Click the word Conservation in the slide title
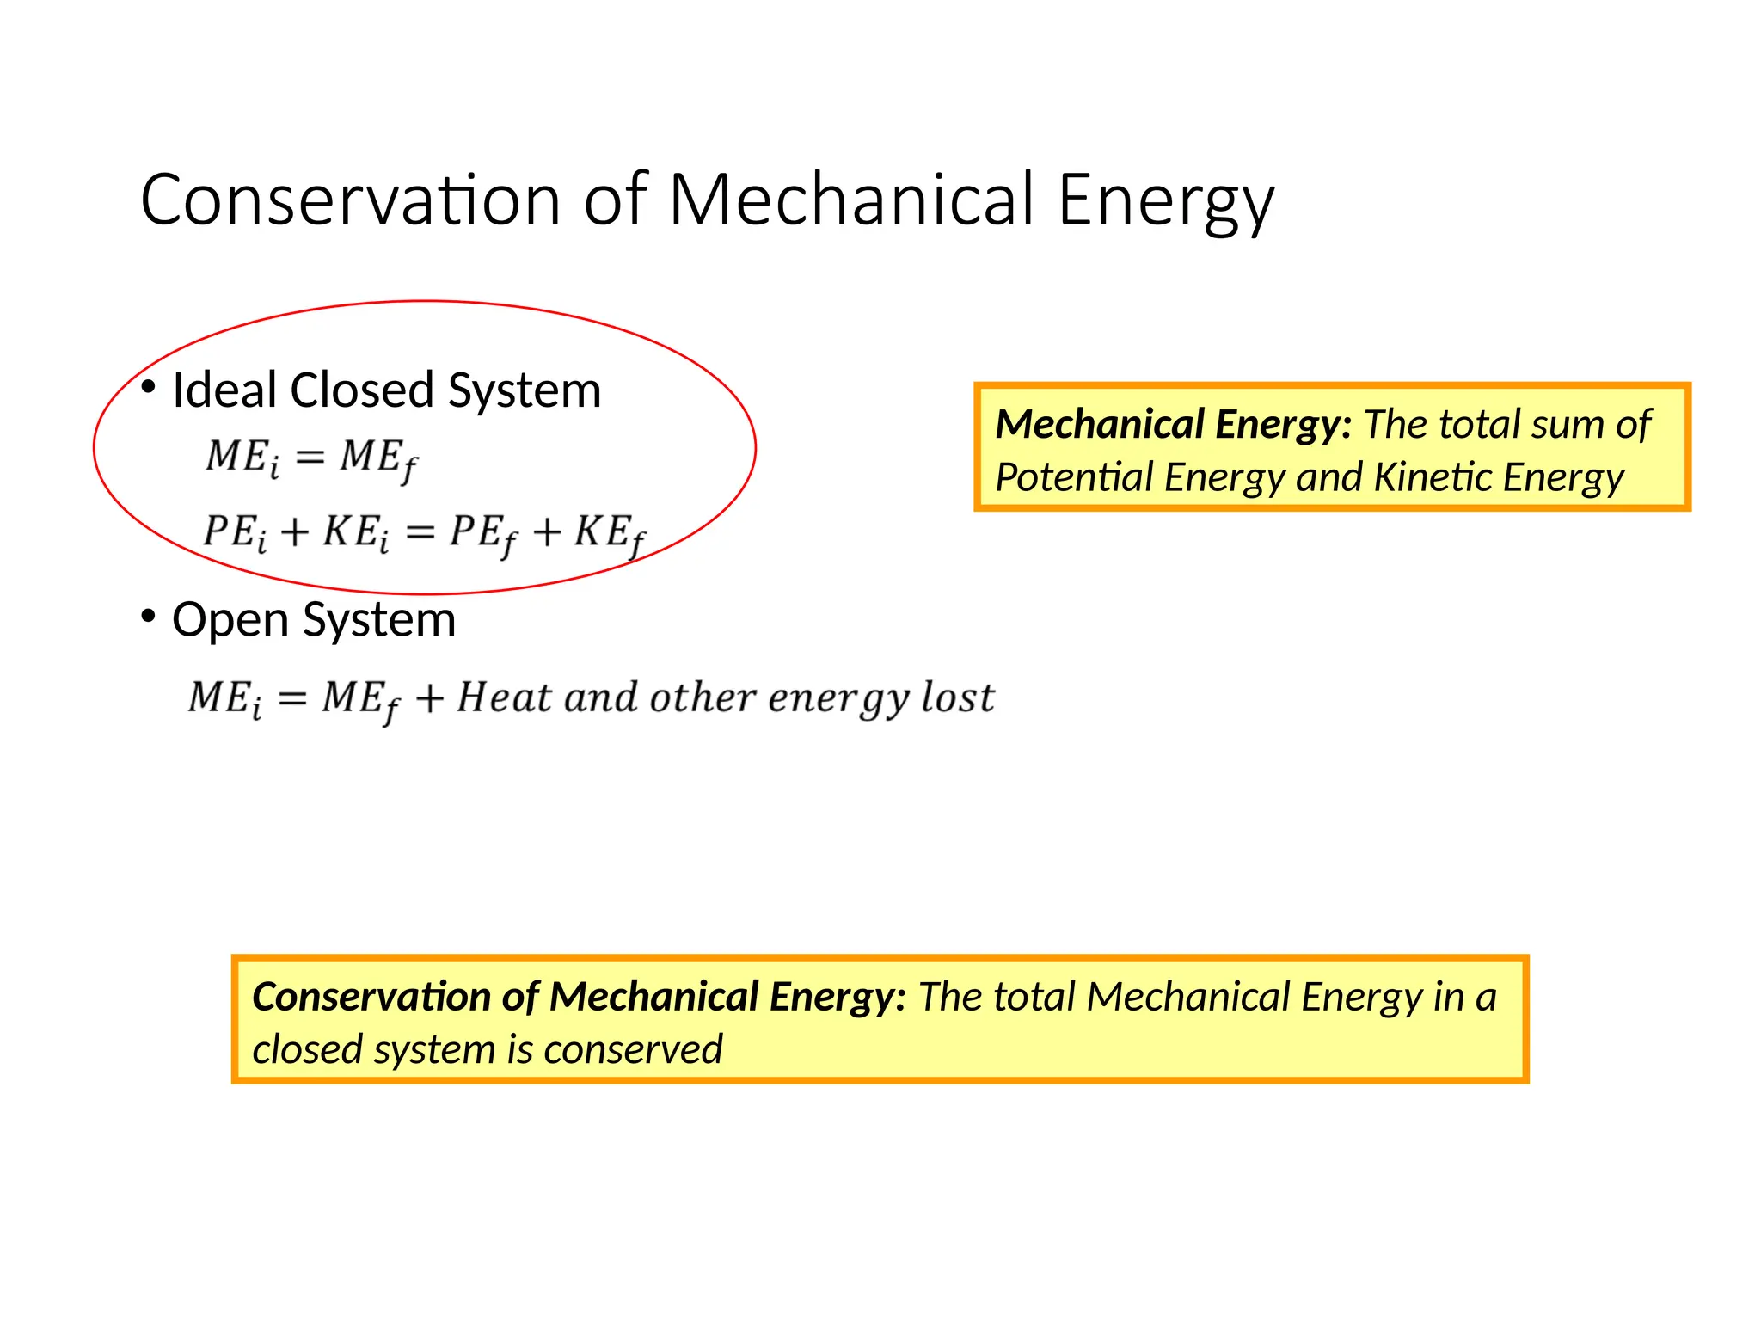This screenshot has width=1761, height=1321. [351, 200]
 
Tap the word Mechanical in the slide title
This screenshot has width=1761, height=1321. [850, 200]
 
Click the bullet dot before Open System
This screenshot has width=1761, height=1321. [148, 616]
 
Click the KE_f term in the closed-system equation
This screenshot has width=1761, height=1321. [609, 533]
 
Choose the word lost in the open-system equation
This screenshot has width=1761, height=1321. [958, 697]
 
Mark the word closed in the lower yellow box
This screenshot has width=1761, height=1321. [307, 1050]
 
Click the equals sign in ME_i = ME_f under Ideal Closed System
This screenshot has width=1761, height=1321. [310, 457]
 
